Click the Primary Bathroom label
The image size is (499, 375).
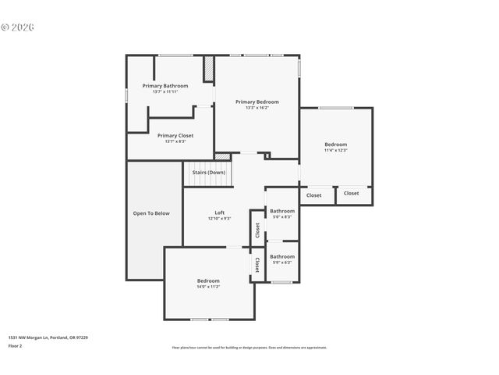pos(165,85)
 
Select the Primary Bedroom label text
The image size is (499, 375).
pos(257,102)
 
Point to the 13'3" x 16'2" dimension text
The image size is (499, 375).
pos(257,108)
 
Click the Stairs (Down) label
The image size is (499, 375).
pos(208,172)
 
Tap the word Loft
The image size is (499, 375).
pos(220,212)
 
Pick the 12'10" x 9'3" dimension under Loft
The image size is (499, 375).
pos(220,219)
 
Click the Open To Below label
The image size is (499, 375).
pos(151,213)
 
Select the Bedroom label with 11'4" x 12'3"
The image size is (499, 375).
pos(336,145)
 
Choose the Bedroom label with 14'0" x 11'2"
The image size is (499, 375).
pos(208,280)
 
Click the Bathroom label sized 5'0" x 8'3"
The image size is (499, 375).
pos(282,211)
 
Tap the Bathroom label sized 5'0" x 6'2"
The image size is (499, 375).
pos(282,256)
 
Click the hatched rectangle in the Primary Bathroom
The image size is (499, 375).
pos(209,69)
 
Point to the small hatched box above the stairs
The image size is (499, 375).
pos(223,157)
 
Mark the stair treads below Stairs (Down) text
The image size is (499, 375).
pos(208,181)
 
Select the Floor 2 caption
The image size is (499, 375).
pos(16,345)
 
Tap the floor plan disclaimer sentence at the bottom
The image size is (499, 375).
pos(249,348)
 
